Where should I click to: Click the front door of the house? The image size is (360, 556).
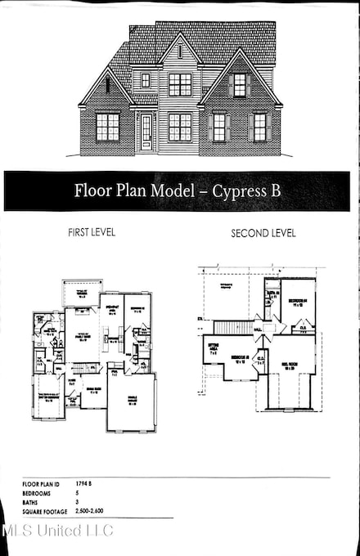pyautogui.click(x=146, y=131)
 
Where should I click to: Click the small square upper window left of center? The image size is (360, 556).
pyautogui.click(x=146, y=80)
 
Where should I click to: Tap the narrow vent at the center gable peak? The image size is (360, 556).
pyautogui.click(x=180, y=51)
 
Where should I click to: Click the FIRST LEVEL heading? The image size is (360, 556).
pyautogui.click(x=92, y=232)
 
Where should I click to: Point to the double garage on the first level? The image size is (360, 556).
pyautogui.click(x=131, y=401)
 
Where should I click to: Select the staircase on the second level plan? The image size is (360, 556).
pyautogui.click(x=234, y=327)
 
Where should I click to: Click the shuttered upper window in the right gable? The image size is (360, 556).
pyautogui.click(x=239, y=84)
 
